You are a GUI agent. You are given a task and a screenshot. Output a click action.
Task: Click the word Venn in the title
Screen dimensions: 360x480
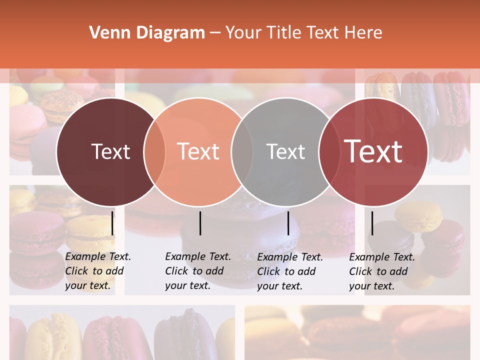click(x=105, y=33)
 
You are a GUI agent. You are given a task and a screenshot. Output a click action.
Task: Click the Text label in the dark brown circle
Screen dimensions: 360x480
click(x=110, y=151)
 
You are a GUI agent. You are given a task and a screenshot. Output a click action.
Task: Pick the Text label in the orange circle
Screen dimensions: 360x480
click(x=198, y=151)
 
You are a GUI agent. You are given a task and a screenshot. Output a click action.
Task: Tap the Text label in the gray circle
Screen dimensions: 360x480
click(x=285, y=151)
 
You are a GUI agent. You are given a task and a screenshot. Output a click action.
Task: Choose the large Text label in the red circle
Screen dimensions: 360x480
click(x=373, y=151)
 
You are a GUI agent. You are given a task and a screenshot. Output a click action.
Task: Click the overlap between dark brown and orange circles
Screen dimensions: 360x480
click(x=154, y=151)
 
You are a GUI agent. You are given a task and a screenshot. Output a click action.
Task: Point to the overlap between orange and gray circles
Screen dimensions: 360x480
click(x=242, y=151)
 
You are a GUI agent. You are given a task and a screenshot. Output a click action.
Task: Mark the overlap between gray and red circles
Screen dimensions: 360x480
click(x=329, y=151)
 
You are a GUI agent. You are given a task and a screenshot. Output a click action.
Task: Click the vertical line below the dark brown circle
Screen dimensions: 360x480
click(x=112, y=223)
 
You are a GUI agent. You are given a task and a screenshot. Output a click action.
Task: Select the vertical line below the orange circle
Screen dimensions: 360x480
click(x=200, y=223)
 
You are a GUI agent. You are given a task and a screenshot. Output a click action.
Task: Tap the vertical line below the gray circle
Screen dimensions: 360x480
click(x=288, y=223)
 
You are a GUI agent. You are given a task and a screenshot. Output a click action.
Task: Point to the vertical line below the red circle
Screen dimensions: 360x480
click(x=372, y=223)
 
